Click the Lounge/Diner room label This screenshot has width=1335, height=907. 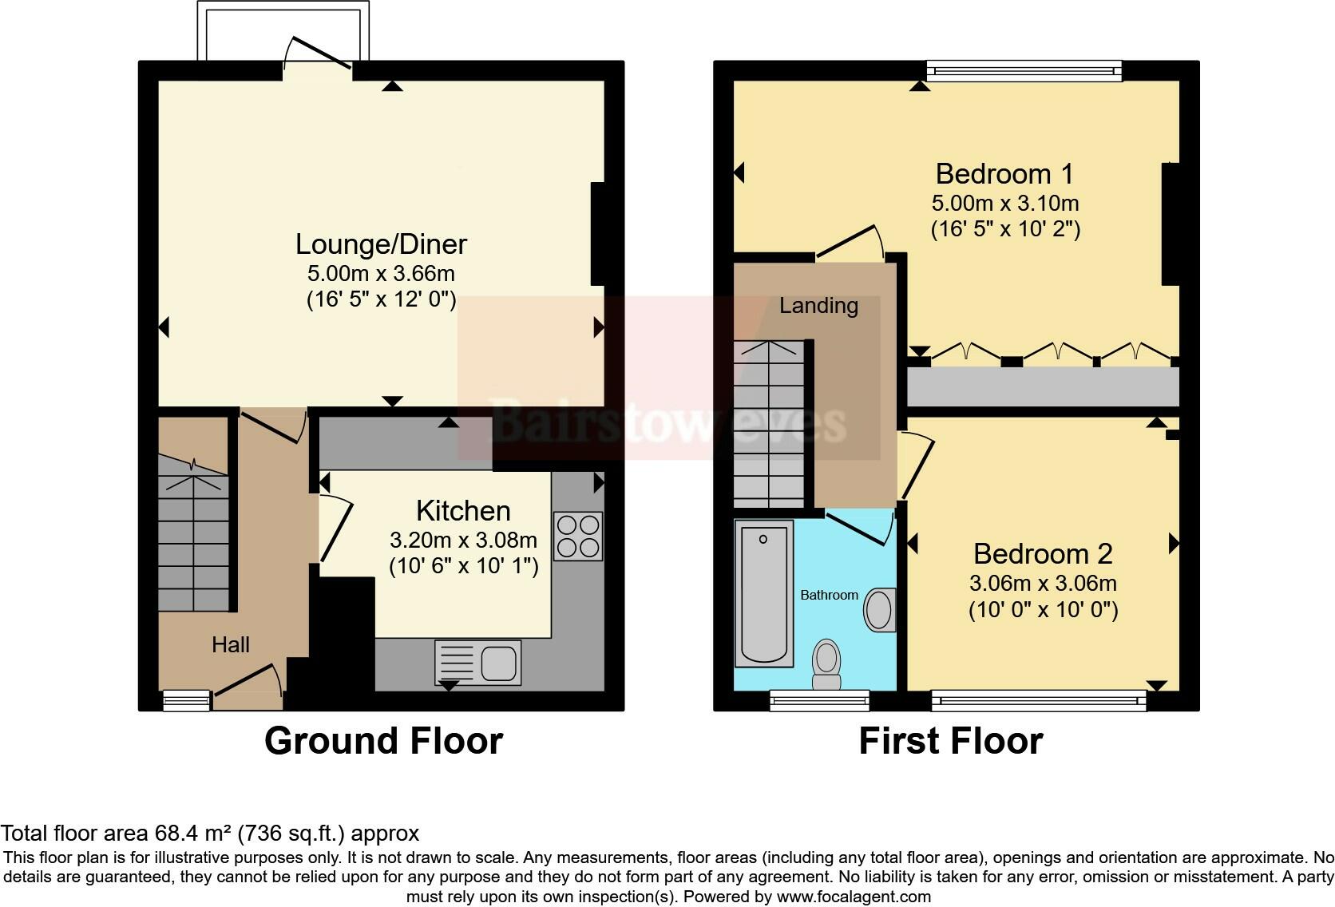point(381,244)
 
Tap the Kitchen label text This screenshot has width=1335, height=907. point(463,511)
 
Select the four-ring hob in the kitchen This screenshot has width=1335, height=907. point(577,537)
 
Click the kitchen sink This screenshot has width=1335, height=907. point(478,662)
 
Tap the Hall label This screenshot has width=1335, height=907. point(231,645)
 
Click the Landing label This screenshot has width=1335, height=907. point(818,306)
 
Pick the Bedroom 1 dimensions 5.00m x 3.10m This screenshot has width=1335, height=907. point(1005,203)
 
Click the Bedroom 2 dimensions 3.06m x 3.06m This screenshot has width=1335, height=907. point(1043,584)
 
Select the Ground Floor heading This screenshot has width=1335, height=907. point(383,741)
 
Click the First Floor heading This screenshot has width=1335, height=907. point(950,741)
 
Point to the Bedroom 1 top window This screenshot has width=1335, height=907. point(1024,72)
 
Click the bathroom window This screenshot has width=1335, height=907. point(819,701)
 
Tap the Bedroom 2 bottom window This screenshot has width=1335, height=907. point(1039,701)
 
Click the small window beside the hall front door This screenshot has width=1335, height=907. point(186,701)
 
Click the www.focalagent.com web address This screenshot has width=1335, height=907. point(853,897)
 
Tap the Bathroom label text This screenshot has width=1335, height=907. point(829,596)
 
